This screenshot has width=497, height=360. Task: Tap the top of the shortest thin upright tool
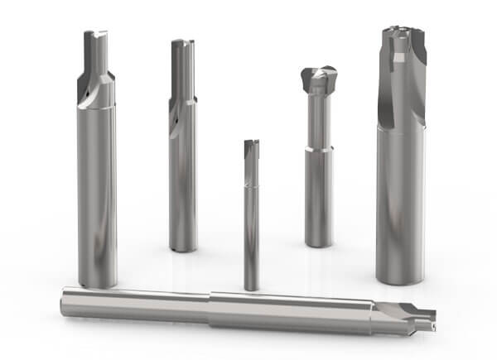(x=251, y=145)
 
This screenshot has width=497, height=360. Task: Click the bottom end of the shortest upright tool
(x=251, y=286)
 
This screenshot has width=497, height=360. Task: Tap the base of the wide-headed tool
(x=318, y=242)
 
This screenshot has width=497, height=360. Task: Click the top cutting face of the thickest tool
(x=402, y=33)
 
